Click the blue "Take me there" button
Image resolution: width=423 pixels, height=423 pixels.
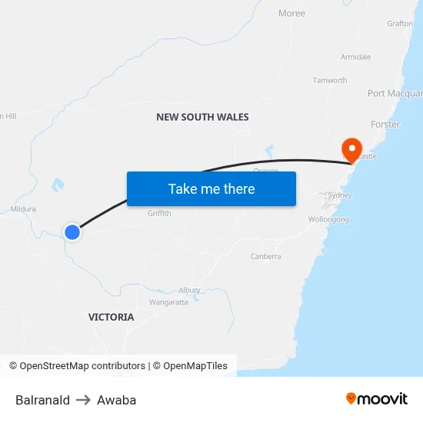coord(211,188)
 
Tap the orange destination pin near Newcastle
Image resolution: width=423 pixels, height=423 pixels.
coord(351,148)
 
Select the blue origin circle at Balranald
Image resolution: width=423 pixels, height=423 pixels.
coord(72,231)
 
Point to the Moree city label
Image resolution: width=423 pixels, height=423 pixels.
coord(291,13)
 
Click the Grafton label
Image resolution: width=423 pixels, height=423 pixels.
coord(400,23)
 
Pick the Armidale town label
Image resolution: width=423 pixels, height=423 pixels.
coord(355,57)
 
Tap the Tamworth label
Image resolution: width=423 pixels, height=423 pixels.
coord(329,80)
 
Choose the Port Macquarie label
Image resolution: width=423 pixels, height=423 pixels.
coord(395,94)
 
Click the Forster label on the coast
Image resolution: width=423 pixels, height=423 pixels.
coord(385,124)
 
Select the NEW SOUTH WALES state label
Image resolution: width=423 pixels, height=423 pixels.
coord(202,117)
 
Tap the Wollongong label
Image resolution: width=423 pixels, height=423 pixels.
coord(328,219)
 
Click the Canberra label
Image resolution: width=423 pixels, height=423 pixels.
coord(265,256)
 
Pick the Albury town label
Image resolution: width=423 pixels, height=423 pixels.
coord(189,290)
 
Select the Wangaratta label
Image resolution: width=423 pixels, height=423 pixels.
coord(168,302)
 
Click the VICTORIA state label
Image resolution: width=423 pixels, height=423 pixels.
coord(111,317)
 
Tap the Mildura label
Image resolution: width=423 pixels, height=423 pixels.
coord(23,208)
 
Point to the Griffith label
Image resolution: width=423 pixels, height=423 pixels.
coord(159,213)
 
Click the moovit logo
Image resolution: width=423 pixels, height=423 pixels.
coord(376,399)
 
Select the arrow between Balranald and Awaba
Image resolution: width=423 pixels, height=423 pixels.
coord(83,400)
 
